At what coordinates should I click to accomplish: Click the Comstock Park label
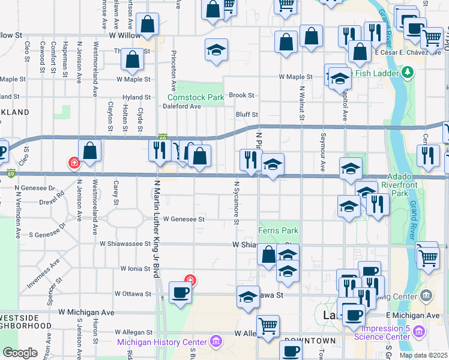(x=195, y=97)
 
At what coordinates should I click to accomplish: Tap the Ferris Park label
(x=278, y=230)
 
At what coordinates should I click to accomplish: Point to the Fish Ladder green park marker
(x=408, y=73)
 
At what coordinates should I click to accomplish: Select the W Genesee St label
(x=184, y=220)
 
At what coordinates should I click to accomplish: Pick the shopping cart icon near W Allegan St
(x=268, y=325)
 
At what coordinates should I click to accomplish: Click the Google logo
(x=20, y=353)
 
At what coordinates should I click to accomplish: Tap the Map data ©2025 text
(x=423, y=355)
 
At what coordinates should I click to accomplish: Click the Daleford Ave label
(x=182, y=106)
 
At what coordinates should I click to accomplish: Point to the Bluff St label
(x=247, y=115)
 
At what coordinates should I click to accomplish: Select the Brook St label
(x=241, y=95)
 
